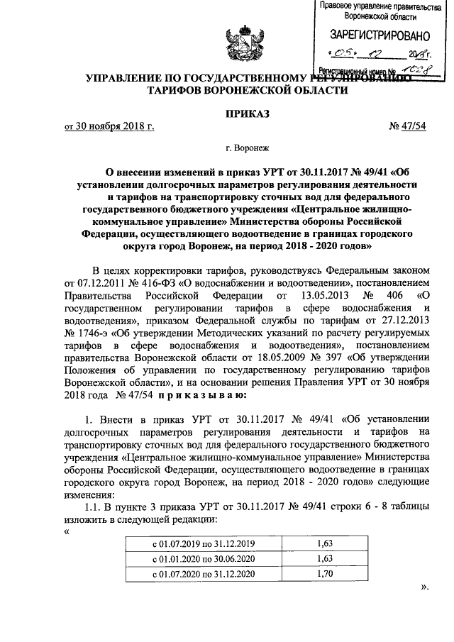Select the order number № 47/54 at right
pyautogui.click(x=389, y=127)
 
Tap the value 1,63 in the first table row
pyautogui.click(x=325, y=543)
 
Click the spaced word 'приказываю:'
pyautogui.click(x=192, y=394)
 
